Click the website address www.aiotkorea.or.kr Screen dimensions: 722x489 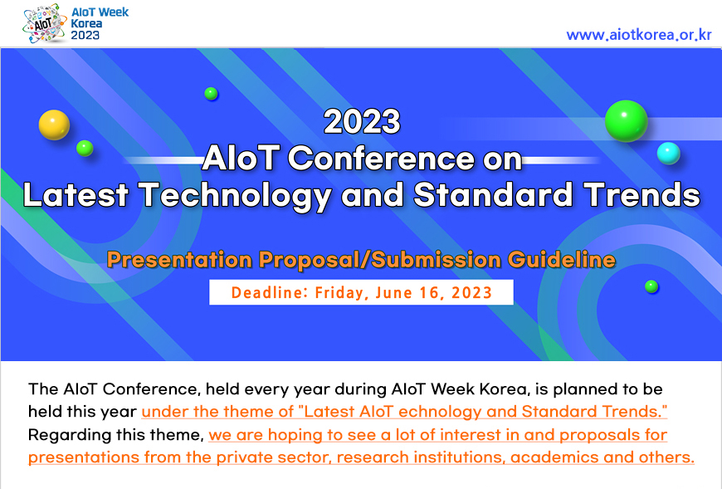(639, 35)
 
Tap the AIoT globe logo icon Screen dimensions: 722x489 (45, 23)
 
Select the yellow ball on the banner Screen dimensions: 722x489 (54, 125)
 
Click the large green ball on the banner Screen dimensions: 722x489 (627, 120)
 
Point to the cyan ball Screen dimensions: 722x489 (669, 154)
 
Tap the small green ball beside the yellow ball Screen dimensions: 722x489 (85, 149)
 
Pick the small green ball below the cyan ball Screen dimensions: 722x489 (651, 286)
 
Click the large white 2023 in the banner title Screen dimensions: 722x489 (362, 121)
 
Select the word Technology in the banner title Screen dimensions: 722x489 (235, 196)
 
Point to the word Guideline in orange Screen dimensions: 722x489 (562, 259)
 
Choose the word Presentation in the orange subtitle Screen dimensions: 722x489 (179, 259)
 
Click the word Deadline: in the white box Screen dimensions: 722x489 (270, 292)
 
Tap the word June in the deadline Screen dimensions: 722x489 (393, 292)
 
